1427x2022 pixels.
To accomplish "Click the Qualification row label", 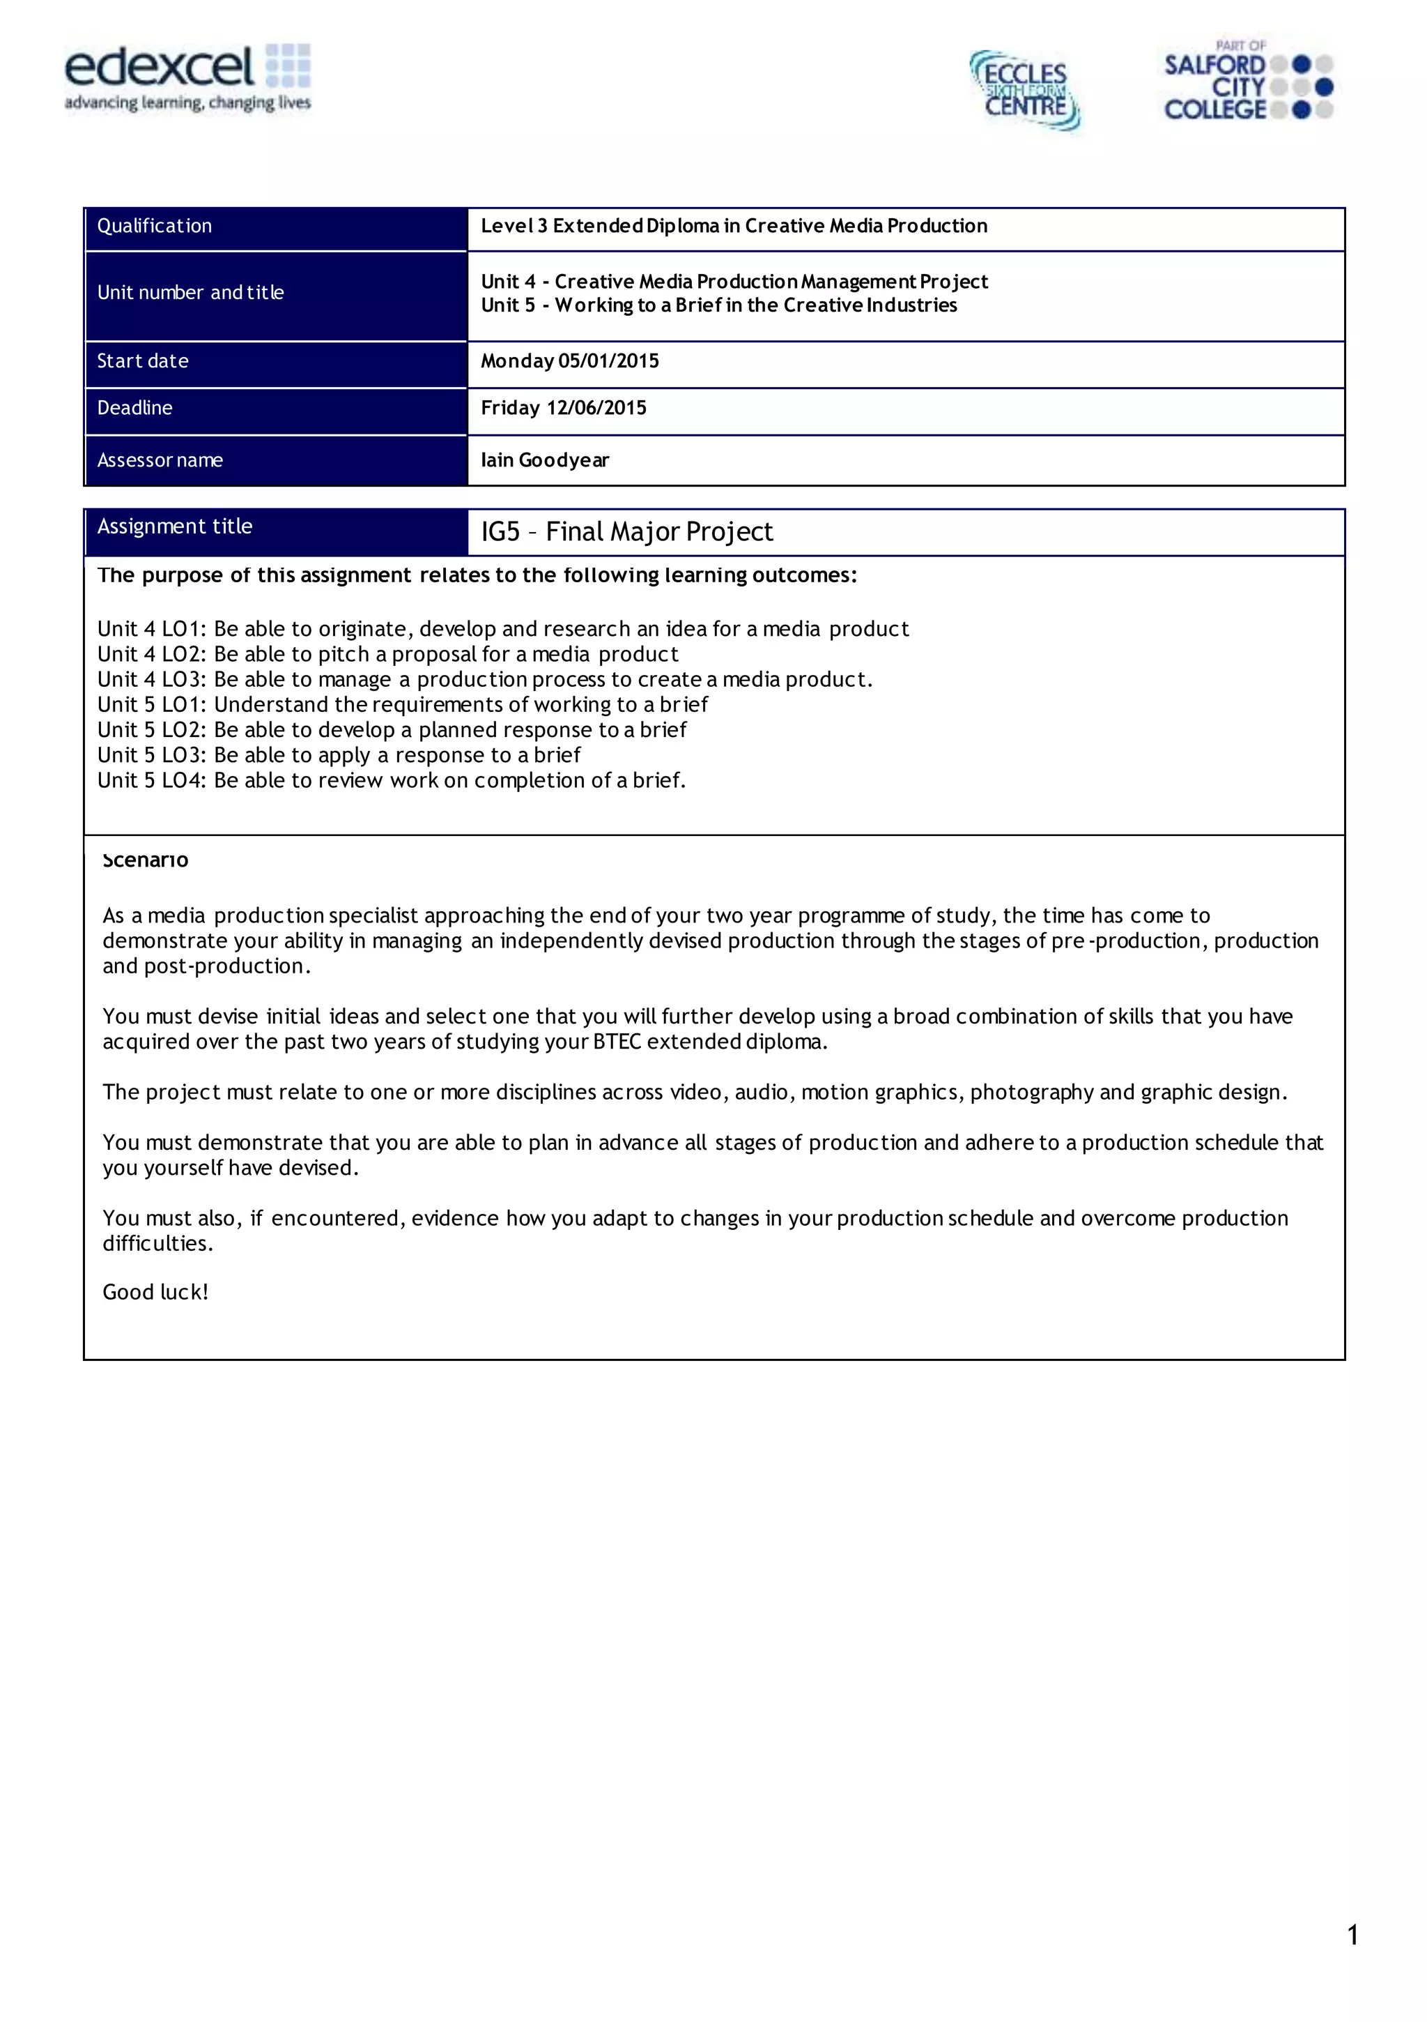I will click(x=154, y=227).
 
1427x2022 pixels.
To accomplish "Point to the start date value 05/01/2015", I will click(x=608, y=361).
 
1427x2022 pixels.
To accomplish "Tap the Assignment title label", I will click(x=174, y=526).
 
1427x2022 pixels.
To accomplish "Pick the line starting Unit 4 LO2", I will click(x=387, y=654).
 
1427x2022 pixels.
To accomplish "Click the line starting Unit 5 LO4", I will click(x=391, y=780).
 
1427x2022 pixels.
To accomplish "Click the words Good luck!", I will click(x=155, y=1292).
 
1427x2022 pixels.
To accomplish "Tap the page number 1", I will click(x=1352, y=1935).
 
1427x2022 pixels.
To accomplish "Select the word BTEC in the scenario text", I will click(x=616, y=1042).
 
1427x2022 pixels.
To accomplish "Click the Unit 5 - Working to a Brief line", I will click(x=718, y=305).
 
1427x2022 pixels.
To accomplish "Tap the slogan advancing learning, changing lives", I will click(x=187, y=103).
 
